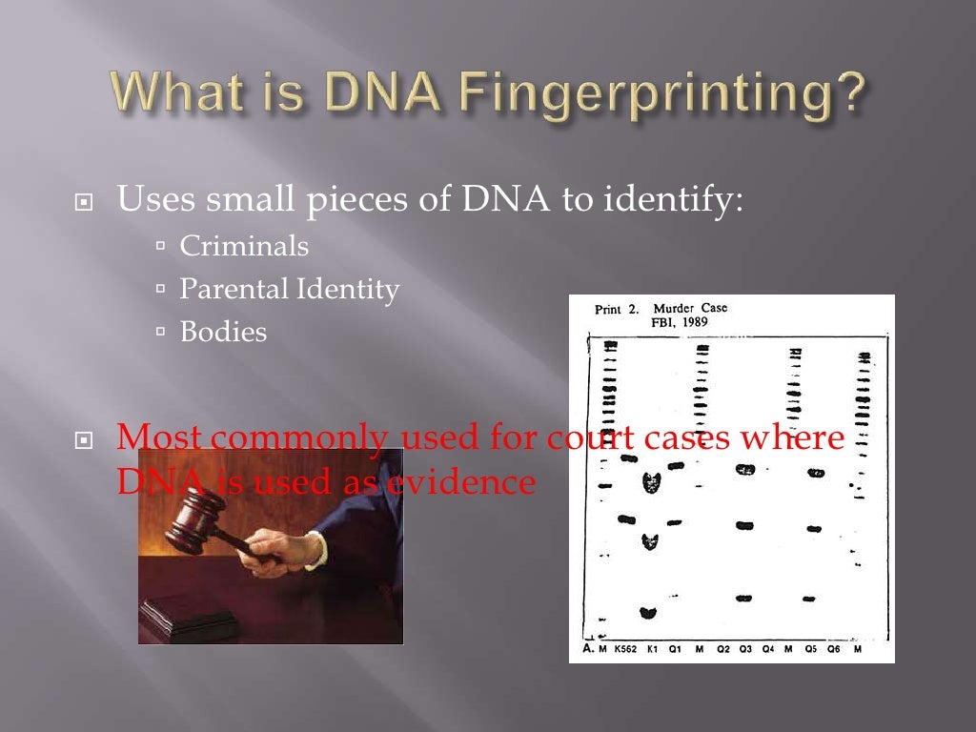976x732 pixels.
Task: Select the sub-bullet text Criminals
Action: (x=244, y=246)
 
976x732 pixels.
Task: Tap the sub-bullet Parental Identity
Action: (x=289, y=289)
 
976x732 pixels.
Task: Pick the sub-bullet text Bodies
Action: (x=224, y=332)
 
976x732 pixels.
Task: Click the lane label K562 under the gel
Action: (x=624, y=649)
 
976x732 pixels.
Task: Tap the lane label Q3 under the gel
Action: (x=744, y=649)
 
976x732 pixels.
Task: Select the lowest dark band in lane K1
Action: (x=648, y=613)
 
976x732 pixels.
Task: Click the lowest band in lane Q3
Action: (x=744, y=599)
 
